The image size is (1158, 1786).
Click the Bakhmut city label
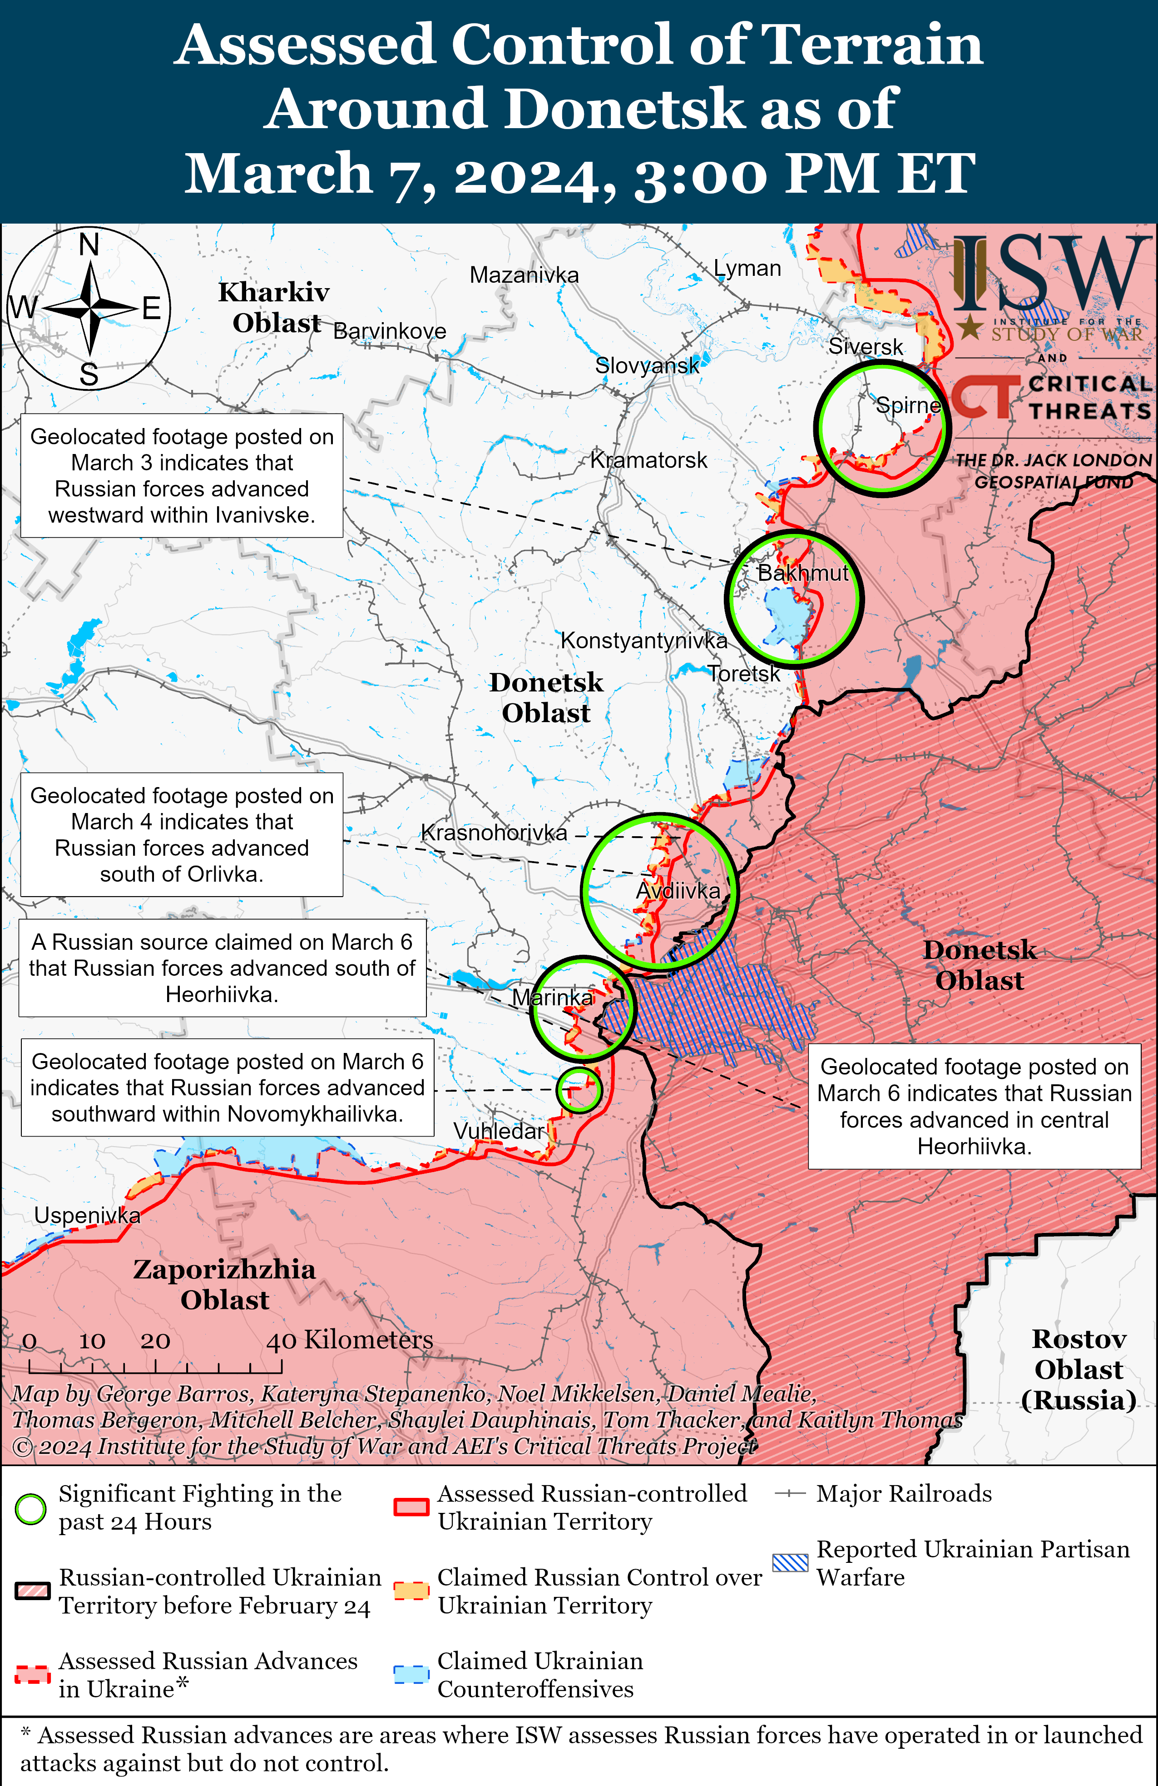tap(802, 574)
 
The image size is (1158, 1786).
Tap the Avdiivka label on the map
tap(678, 891)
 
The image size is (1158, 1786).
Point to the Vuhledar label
tap(498, 1130)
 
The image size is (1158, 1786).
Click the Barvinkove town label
tap(389, 331)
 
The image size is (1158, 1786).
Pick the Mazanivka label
tap(524, 275)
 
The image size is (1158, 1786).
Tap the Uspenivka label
tap(87, 1215)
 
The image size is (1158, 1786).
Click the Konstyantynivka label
tap(643, 640)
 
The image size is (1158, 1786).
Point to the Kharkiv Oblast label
tap(274, 307)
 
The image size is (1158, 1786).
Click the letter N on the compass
tap(89, 244)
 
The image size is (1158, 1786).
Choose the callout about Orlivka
tap(182, 834)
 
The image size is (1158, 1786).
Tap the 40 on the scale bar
tap(281, 1341)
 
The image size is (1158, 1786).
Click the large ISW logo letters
tap(1050, 274)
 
